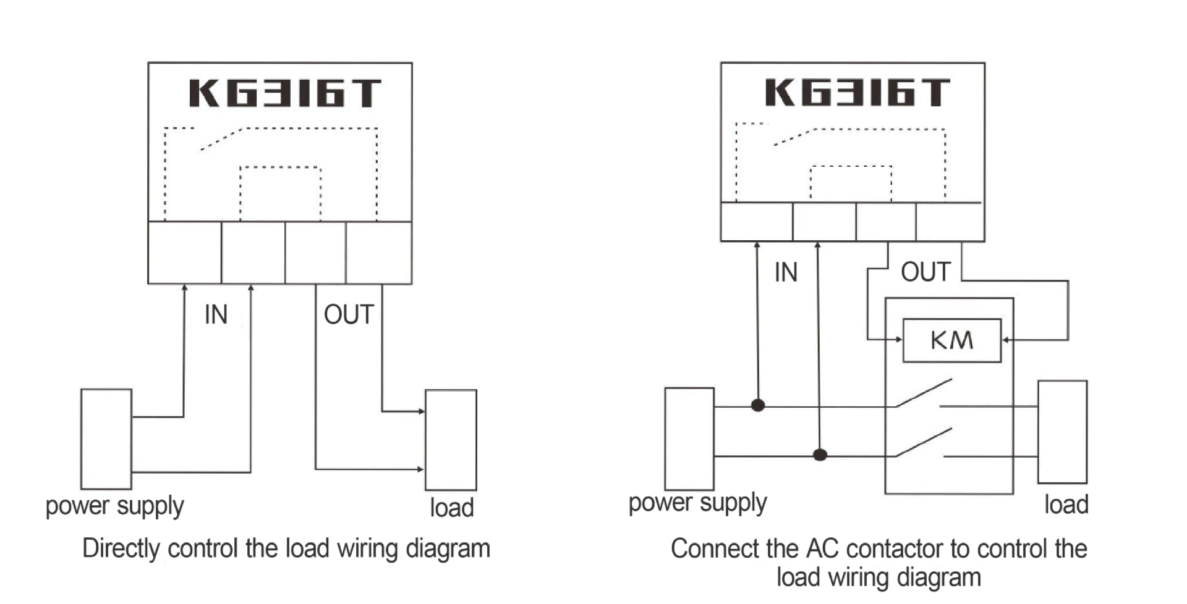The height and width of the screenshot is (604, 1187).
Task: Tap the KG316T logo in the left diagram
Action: coord(284,93)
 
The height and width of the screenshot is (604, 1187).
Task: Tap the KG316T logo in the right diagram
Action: coord(857,92)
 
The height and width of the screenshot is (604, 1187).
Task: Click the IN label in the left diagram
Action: coord(216,314)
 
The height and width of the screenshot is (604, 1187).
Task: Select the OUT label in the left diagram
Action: coord(349,314)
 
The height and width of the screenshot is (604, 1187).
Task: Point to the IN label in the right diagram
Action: coord(786,272)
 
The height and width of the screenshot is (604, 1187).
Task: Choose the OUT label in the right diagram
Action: coord(925,272)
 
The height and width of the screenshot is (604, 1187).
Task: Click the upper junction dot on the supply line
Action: coord(758,405)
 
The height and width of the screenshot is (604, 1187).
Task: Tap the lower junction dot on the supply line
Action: coord(820,455)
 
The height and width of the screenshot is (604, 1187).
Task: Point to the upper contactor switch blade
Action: coord(924,393)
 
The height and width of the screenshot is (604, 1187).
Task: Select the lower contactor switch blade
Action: coord(924,442)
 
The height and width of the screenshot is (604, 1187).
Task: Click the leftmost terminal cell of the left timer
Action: coord(185,253)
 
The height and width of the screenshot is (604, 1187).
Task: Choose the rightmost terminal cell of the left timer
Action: coord(379,253)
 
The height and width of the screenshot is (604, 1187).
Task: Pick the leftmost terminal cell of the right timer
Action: coord(757,221)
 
